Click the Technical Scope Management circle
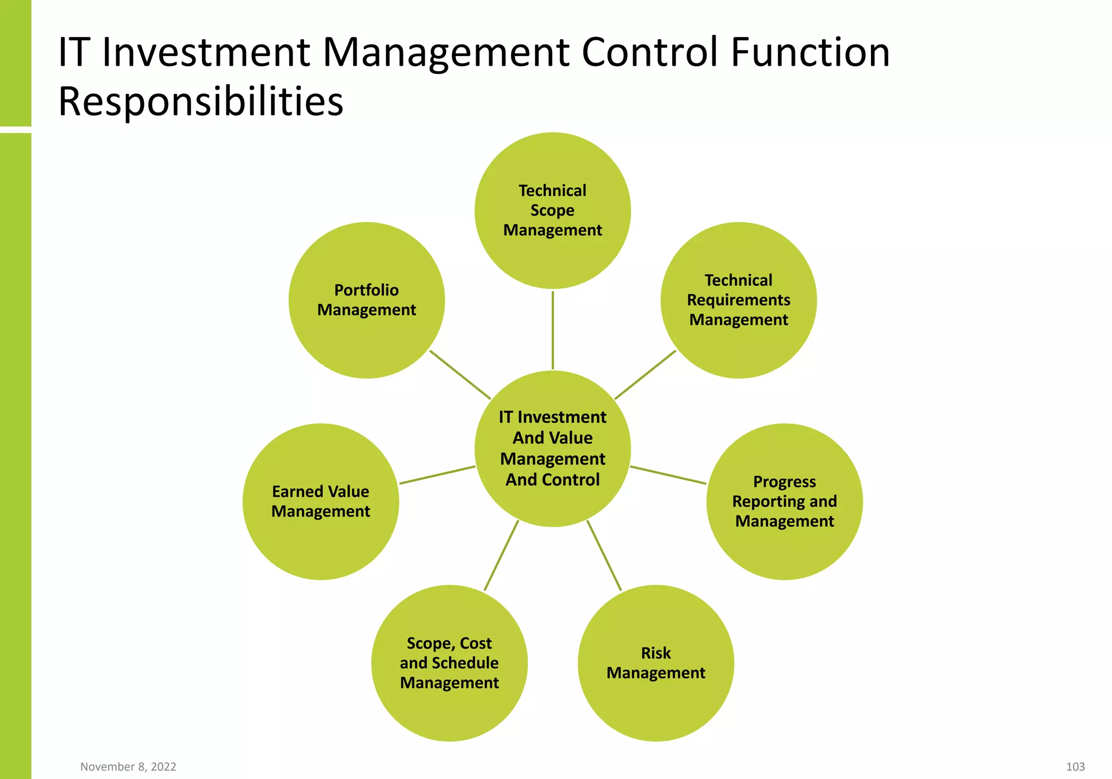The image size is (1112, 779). click(x=552, y=210)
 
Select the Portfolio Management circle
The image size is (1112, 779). click(x=367, y=300)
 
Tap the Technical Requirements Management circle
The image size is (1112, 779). click(x=738, y=300)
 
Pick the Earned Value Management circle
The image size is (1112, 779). click(x=320, y=501)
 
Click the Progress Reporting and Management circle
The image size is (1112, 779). click(x=784, y=501)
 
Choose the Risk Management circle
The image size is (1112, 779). click(x=655, y=663)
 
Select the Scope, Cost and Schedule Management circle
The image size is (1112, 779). click(x=449, y=663)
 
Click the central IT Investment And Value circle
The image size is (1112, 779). click(x=552, y=448)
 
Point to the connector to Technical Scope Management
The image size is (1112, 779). click(x=553, y=330)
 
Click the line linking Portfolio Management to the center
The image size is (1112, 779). click(x=460, y=374)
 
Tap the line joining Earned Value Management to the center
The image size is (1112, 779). click(x=437, y=475)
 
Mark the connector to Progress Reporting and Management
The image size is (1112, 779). click(x=668, y=475)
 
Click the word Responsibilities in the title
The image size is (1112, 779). click(x=200, y=102)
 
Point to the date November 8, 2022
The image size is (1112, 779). click(x=128, y=767)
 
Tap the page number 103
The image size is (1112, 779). click(x=1075, y=767)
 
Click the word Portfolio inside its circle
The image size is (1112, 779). click(x=367, y=290)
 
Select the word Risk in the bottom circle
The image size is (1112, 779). click(x=655, y=653)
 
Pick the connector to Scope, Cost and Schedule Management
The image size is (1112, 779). click(x=501, y=555)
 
